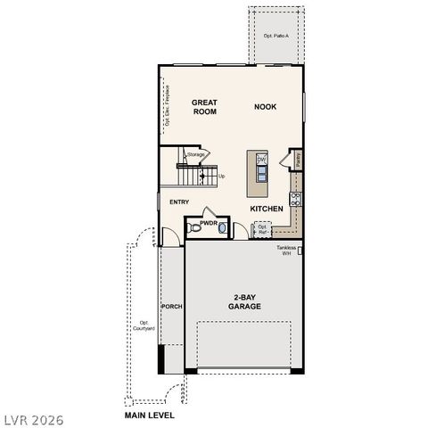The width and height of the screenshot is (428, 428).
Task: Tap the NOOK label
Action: [265, 106]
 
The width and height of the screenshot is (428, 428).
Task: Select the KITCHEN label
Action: [267, 209]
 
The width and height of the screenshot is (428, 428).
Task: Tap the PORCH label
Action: [171, 307]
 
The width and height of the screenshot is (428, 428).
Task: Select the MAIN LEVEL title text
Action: [149, 416]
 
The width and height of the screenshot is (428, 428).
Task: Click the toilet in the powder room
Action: [196, 229]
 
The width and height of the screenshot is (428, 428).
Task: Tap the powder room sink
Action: [223, 229]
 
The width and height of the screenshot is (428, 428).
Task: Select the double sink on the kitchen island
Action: [262, 168]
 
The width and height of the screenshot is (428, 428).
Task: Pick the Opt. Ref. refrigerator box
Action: [262, 229]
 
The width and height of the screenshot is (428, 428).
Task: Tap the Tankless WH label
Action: [287, 251]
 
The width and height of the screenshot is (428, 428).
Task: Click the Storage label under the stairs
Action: [196, 154]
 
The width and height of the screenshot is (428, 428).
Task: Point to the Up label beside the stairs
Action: [221, 177]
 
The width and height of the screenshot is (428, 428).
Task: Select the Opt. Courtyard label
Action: [144, 325]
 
